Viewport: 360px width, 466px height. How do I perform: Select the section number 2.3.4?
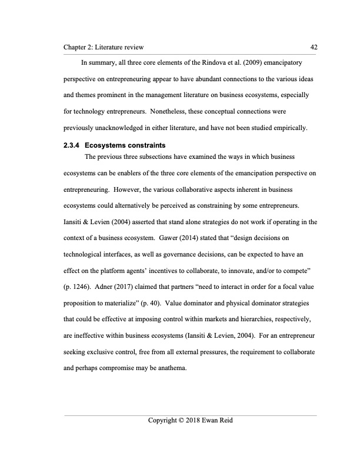[72, 146]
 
